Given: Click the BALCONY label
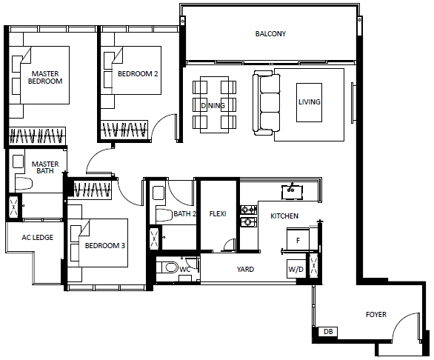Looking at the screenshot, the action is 270,34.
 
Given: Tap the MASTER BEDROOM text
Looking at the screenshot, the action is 45,78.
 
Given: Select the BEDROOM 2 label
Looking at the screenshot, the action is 138,74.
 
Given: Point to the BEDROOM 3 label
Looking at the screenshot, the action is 105,246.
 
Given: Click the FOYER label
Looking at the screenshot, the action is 376,315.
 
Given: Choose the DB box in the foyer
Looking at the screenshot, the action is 328,331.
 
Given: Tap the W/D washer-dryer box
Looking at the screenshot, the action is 296,269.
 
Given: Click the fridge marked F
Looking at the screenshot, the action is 298,239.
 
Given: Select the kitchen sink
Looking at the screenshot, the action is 292,192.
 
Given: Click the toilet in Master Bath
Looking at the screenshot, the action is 24,183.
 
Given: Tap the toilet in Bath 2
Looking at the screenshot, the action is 164,216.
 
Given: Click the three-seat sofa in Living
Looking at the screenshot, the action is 267,103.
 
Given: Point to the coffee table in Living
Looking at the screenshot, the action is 309,102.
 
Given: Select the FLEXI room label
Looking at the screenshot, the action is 218,214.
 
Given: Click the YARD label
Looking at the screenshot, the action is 245,269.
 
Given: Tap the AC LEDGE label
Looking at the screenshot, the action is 38,238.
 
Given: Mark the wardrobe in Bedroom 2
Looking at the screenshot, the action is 124,130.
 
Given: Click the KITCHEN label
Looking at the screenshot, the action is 284,216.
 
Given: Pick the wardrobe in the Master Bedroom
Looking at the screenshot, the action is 37,136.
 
